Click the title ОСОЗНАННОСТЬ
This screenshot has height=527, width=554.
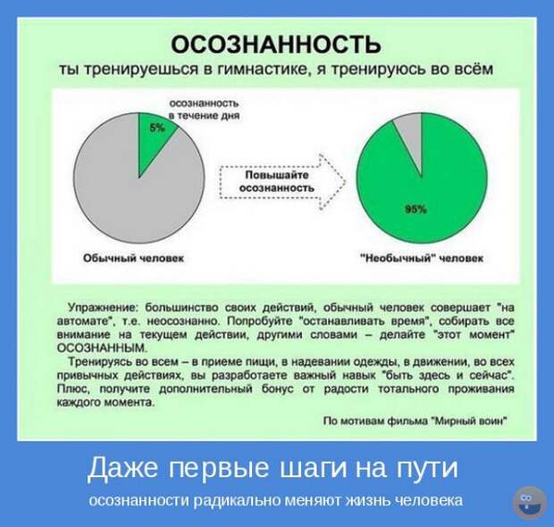click(x=276, y=44)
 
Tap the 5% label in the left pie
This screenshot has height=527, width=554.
click(x=157, y=129)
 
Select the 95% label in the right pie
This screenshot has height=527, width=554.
click(x=415, y=210)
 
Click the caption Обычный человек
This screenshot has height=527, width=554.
click(x=133, y=258)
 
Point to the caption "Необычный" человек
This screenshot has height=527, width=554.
click(x=422, y=258)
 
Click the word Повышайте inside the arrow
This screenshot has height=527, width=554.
click(x=277, y=175)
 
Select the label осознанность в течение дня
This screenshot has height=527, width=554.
click(x=205, y=110)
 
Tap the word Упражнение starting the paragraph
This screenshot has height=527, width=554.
click(x=103, y=307)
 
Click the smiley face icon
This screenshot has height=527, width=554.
click(x=529, y=503)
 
